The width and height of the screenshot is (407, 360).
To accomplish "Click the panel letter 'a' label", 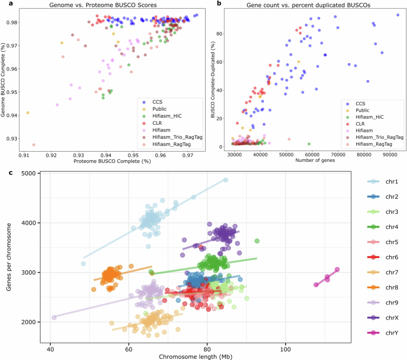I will [x=3, y=4].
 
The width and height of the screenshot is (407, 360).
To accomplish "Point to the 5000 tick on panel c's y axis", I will [x=31, y=173].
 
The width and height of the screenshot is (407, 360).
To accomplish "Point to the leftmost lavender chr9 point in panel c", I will [x=54, y=318].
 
